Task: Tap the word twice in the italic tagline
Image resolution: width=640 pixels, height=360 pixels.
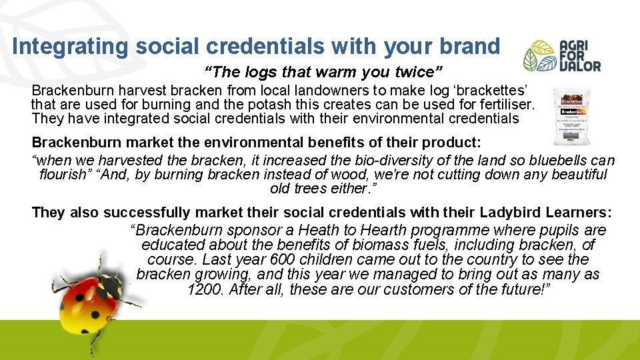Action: [x=420, y=71]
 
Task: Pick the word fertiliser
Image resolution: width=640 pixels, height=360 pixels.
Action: [x=503, y=105]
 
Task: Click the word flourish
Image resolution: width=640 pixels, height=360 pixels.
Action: [x=65, y=175]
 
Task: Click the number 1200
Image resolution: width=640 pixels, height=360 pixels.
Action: [x=204, y=289]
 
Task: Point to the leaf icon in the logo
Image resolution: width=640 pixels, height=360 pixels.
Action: [x=539, y=56]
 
